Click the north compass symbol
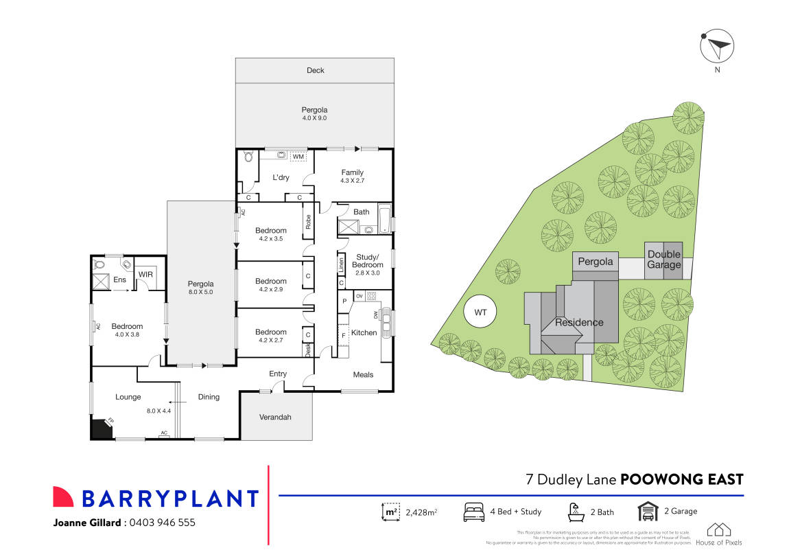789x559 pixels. [717, 47]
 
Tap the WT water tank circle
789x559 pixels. [480, 312]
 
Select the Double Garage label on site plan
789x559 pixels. [663, 260]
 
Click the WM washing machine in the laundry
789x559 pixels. [298, 157]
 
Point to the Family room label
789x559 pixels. [352, 172]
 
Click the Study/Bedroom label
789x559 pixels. [367, 260]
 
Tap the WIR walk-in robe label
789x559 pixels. [145, 275]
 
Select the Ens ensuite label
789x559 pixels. [119, 279]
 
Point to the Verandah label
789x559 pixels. [275, 417]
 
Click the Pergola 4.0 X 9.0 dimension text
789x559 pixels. [314, 118]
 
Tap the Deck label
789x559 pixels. [315, 70]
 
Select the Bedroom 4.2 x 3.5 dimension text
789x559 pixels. [270, 239]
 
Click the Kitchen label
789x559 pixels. [364, 332]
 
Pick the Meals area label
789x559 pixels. [363, 374]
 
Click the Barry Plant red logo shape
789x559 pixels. [63, 497]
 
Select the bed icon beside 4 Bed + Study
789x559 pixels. [474, 512]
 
